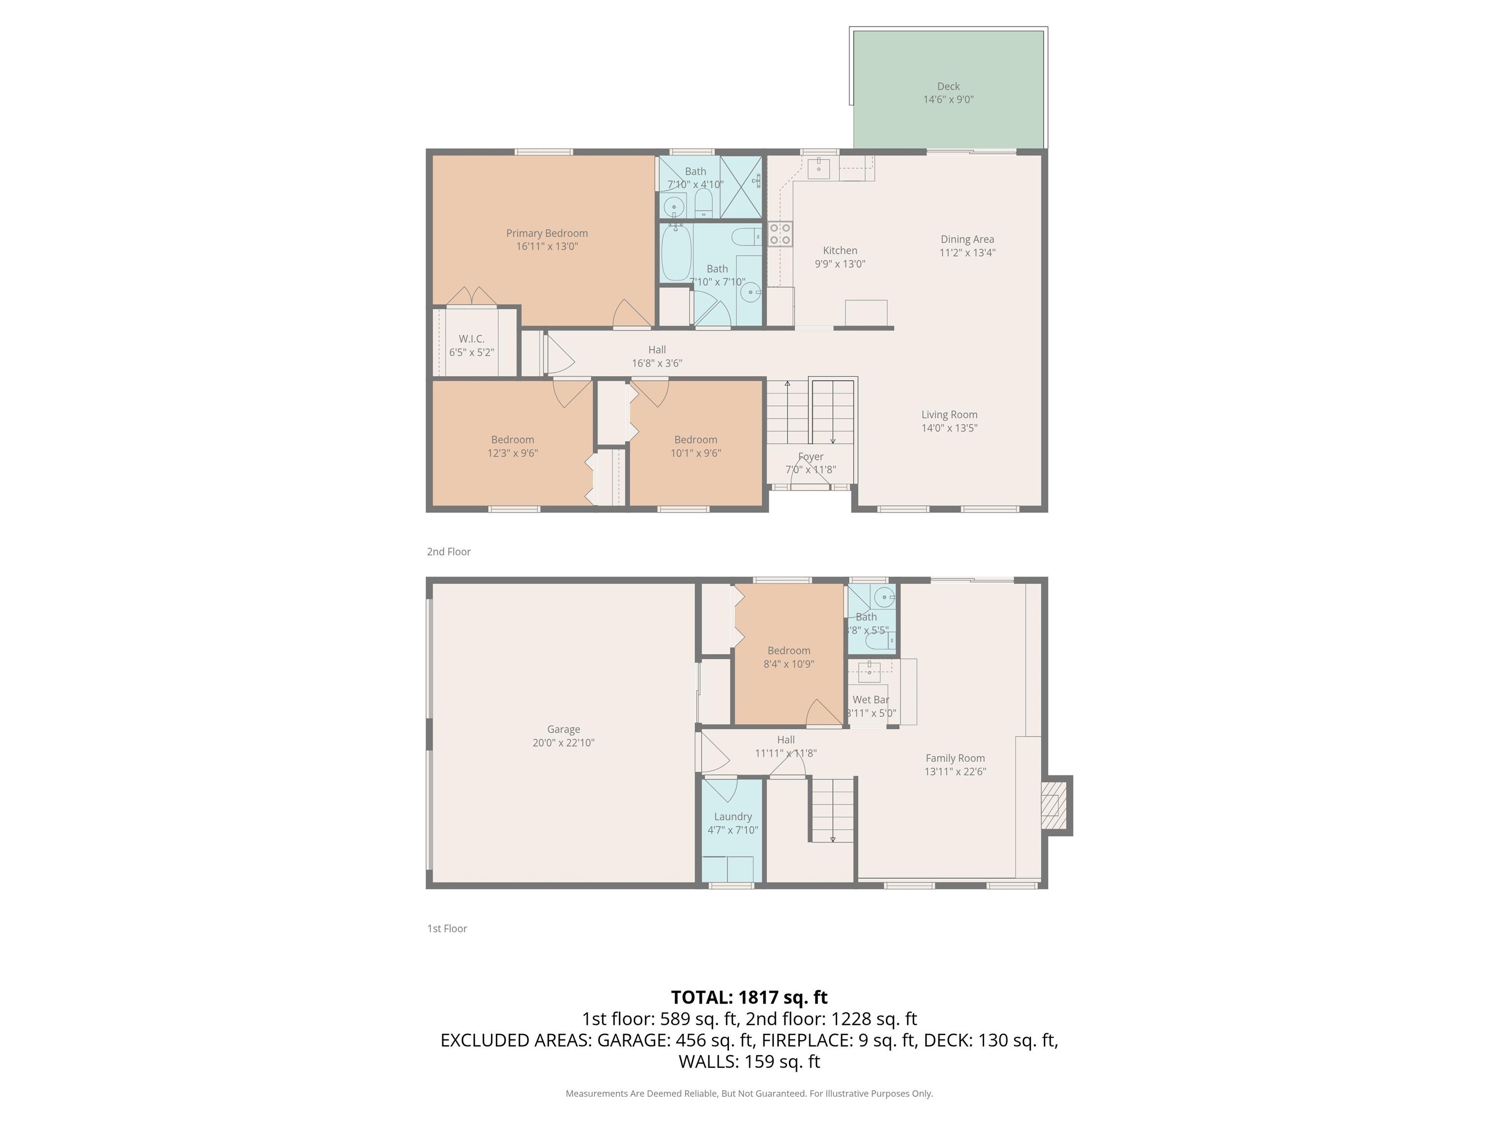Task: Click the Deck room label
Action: pos(948,86)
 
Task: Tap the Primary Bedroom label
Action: pos(547,233)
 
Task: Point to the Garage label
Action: pos(563,730)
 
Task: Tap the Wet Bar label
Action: pos(871,700)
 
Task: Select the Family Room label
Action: pos(955,758)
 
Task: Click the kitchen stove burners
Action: pos(780,234)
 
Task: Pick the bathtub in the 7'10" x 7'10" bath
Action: pos(676,253)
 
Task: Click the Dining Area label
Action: pos(967,239)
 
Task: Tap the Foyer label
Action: pos(810,457)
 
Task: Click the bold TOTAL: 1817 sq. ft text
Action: pos(749,997)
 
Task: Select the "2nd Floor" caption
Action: pos(448,551)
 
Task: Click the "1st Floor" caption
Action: pos(447,928)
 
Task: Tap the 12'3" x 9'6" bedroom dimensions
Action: pos(512,453)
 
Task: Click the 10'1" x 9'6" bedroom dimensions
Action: pos(695,453)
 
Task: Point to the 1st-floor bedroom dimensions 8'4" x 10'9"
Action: pos(789,664)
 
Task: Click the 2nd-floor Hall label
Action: pos(657,350)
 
